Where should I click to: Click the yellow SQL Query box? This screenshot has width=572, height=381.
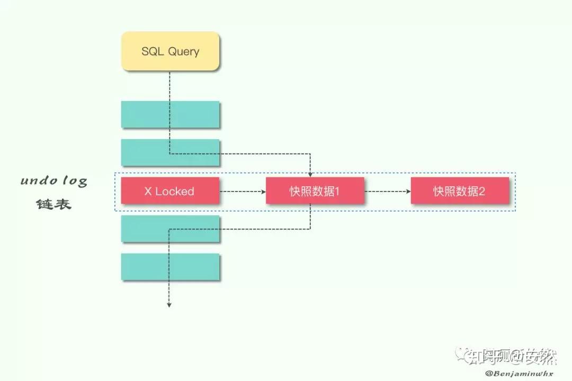(x=170, y=51)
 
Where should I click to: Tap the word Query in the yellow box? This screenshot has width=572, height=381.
(x=184, y=52)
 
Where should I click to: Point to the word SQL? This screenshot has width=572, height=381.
(x=153, y=51)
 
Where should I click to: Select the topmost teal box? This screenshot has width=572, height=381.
(x=170, y=114)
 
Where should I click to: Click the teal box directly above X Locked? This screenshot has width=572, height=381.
(x=170, y=152)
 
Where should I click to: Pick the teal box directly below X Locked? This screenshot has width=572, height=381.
(x=170, y=229)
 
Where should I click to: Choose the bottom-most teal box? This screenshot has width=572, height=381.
(x=170, y=267)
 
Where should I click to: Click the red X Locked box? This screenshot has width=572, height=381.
(x=170, y=191)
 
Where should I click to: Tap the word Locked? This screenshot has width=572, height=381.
(x=175, y=191)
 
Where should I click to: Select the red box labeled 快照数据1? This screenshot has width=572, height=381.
(x=315, y=191)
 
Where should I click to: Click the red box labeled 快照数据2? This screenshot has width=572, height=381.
(x=460, y=191)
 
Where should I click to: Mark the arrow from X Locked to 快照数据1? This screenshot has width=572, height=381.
(x=243, y=191)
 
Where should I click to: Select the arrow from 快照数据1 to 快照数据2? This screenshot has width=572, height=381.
(x=387, y=191)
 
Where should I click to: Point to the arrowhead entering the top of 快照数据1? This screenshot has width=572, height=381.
(x=310, y=175)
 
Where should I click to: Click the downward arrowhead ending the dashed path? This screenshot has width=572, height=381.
(x=169, y=304)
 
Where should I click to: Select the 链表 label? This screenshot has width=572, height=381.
(x=53, y=204)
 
